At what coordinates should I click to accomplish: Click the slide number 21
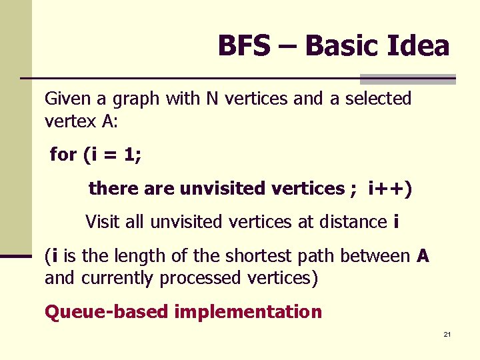(447, 334)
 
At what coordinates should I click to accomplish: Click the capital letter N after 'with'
(212, 99)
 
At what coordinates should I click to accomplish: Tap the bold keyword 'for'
(63, 155)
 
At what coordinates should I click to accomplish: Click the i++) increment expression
(390, 189)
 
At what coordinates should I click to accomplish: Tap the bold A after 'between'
(423, 256)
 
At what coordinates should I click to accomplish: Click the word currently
(119, 279)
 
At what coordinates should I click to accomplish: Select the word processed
(191, 279)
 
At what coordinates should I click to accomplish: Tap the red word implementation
(248, 312)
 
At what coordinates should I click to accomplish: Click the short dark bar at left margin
(16, 256)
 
